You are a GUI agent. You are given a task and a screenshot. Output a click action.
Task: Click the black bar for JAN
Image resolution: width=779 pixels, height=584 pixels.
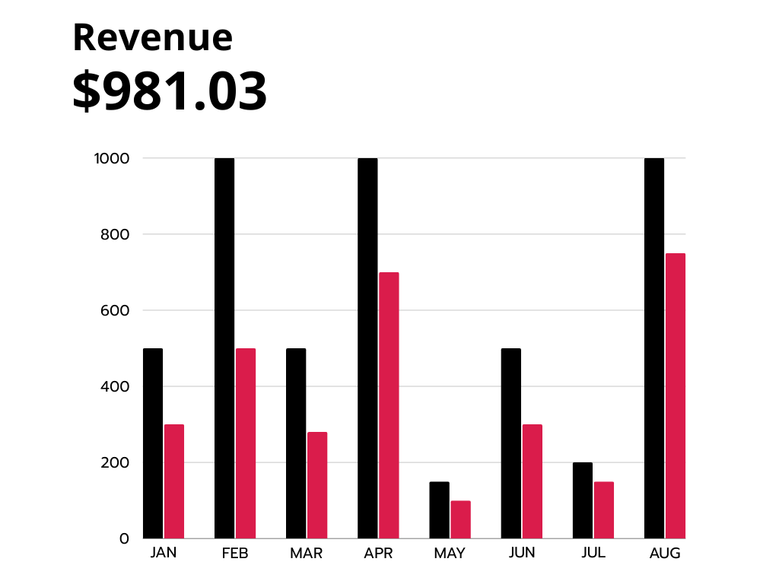click(x=153, y=443)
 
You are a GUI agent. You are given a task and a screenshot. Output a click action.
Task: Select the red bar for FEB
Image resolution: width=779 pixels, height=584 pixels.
click(x=246, y=443)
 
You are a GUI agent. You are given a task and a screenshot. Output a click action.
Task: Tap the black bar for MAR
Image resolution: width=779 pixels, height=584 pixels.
click(x=296, y=443)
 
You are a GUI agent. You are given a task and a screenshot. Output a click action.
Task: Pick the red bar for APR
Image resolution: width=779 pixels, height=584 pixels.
click(x=389, y=405)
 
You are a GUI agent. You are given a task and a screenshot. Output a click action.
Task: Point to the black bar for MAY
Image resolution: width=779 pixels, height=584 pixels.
click(x=439, y=510)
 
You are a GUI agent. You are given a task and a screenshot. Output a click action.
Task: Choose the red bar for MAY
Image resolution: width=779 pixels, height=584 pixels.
click(x=460, y=519)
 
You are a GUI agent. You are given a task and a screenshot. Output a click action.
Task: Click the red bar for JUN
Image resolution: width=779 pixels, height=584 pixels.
click(x=532, y=481)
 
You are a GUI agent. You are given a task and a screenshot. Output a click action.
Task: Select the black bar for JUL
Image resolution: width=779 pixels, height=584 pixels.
click(x=583, y=500)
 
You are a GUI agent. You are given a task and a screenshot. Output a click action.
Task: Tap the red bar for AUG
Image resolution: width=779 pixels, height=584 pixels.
click(x=676, y=395)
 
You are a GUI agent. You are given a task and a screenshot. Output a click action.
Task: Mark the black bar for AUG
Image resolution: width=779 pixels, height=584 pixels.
click(x=654, y=348)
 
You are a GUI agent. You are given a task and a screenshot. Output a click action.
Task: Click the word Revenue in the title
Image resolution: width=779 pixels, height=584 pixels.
click(x=152, y=37)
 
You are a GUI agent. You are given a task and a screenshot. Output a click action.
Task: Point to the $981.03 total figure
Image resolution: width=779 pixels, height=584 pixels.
click(x=170, y=91)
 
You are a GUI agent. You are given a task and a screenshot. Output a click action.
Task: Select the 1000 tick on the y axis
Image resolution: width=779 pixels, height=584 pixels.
click(x=112, y=158)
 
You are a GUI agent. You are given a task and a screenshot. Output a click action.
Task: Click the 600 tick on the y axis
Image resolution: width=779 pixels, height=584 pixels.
click(x=115, y=310)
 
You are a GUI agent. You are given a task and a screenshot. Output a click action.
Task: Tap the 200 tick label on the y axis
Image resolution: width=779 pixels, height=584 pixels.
click(x=115, y=462)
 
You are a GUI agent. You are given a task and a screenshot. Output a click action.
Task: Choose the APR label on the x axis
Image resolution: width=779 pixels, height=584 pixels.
click(x=378, y=554)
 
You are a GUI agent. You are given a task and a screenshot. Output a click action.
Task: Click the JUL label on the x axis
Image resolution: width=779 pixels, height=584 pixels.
click(x=593, y=553)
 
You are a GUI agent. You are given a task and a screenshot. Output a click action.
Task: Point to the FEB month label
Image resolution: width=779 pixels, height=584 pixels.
click(x=235, y=554)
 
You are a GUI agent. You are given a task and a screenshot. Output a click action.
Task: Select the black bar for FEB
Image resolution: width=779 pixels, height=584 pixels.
click(x=224, y=348)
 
